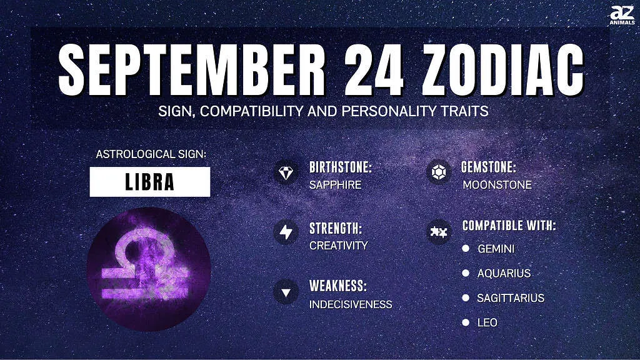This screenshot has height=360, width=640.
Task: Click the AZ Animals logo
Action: coord(622,15)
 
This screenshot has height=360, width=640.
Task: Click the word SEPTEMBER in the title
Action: coord(192,69)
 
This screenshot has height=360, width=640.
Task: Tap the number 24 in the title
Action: coord(373,69)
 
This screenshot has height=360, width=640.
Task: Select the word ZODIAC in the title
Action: coord(503,69)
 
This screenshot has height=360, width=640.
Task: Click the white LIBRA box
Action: coord(150,182)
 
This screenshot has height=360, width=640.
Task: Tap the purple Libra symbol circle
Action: coord(149,269)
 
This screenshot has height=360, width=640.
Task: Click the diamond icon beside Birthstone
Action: coord(286,172)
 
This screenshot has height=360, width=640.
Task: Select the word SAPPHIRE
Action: coord(335,185)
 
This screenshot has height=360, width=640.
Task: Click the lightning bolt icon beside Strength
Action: coord(286,232)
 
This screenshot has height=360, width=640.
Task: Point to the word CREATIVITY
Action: coord(339,245)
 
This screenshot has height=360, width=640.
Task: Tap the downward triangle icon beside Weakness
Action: coord(286,292)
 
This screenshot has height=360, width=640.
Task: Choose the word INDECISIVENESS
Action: coord(351,304)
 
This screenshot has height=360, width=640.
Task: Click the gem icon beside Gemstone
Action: coord(439,172)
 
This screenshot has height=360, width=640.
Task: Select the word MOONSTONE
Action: coord(497,185)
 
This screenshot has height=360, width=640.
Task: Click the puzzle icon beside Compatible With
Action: coord(439,232)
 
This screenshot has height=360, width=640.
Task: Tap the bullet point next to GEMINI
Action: coord(466,248)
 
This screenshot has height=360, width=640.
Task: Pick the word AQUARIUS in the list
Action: coord(504,273)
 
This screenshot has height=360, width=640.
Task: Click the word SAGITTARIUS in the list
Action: coord(511,298)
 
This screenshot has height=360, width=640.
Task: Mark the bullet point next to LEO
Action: coord(466,322)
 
